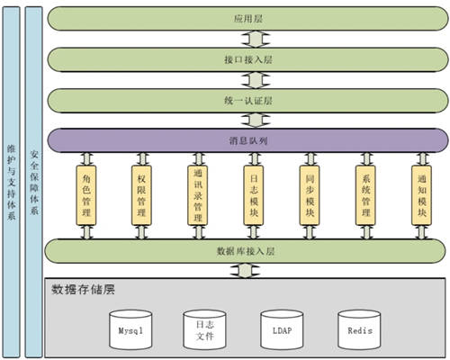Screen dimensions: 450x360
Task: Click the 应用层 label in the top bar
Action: tap(248, 19)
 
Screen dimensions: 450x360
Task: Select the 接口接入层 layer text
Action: tap(248, 59)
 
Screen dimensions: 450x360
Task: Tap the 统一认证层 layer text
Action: tap(248, 101)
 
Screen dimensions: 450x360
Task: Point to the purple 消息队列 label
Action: tap(248, 140)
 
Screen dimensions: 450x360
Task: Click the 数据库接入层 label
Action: tap(246, 251)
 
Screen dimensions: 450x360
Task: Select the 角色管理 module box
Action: tap(86, 195)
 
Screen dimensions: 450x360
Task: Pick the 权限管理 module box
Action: tap(141, 195)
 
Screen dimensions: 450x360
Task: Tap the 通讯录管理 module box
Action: tap(198, 195)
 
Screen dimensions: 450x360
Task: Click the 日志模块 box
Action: tap(254, 195)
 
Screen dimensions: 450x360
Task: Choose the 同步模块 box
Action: tap(310, 195)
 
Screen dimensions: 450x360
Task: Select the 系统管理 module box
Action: tap(365, 195)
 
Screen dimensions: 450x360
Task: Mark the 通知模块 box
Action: tap(422, 195)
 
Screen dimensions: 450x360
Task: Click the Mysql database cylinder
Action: tap(130, 330)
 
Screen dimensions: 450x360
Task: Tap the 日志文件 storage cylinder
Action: tap(204, 330)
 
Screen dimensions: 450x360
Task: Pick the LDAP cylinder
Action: tap(282, 330)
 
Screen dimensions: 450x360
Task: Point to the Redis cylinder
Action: tap(359, 330)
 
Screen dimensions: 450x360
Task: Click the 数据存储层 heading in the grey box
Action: tap(83, 290)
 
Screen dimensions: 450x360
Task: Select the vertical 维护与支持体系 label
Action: tap(12, 183)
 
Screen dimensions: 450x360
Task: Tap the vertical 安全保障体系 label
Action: tap(34, 183)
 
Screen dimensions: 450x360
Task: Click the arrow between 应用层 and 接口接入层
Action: tap(256, 39)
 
